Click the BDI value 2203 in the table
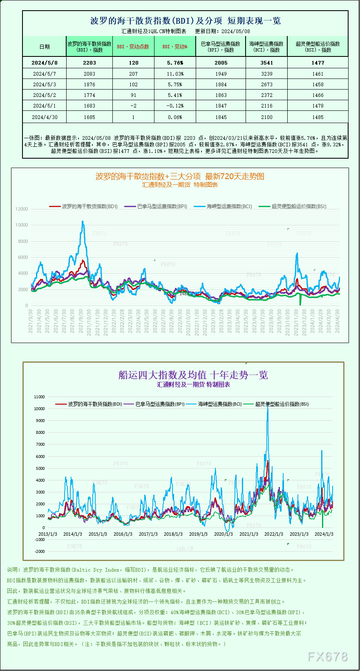[x=89, y=63]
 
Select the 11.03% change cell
[x=175, y=74]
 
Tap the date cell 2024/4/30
[x=45, y=117]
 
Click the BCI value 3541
[x=266, y=63]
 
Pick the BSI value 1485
[x=318, y=117]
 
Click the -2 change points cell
[x=134, y=106]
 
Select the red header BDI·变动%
[x=175, y=47]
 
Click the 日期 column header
[x=45, y=47]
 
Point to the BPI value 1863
[x=221, y=95]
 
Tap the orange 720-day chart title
[x=180, y=176]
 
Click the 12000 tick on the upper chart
[x=22, y=209]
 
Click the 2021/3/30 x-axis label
[x=31, y=321]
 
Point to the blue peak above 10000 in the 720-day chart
[x=83, y=222]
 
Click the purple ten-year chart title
[x=193, y=375]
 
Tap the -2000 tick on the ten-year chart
[x=40, y=551]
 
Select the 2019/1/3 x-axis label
[x=198, y=534]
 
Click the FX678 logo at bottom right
[x=327, y=657]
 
